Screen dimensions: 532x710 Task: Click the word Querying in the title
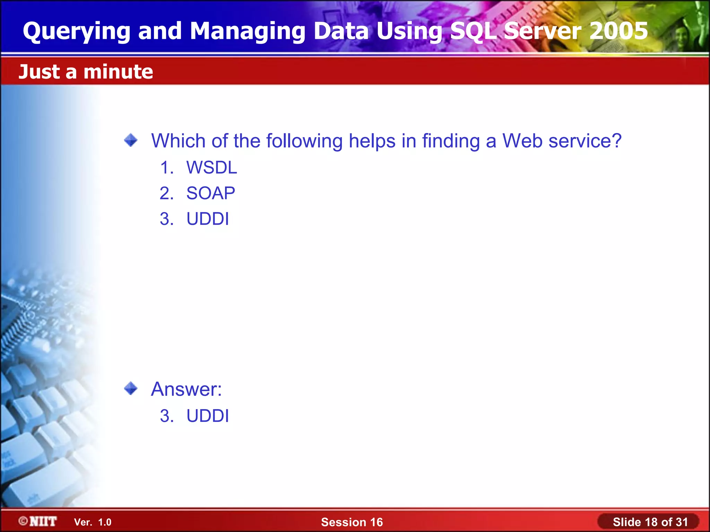coord(76,32)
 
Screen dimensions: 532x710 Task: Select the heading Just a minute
coord(86,72)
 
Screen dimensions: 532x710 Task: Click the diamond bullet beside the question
coord(131,140)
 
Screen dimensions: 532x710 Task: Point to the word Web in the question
coord(522,141)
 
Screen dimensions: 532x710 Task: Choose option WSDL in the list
coord(211,168)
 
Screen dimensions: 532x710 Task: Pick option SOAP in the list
coord(210,193)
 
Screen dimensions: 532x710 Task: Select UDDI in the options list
coord(208,219)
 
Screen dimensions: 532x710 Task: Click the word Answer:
coord(186,389)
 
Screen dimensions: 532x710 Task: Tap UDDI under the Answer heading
coord(208,416)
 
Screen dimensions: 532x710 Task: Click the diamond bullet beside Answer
coord(131,388)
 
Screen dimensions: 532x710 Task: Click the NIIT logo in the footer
coord(38,521)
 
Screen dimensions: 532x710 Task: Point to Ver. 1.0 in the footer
coord(93,522)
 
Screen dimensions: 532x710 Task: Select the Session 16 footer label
coord(352,522)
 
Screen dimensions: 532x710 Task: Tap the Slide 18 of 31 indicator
coord(650,522)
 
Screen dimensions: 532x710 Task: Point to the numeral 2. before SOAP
coord(166,193)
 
